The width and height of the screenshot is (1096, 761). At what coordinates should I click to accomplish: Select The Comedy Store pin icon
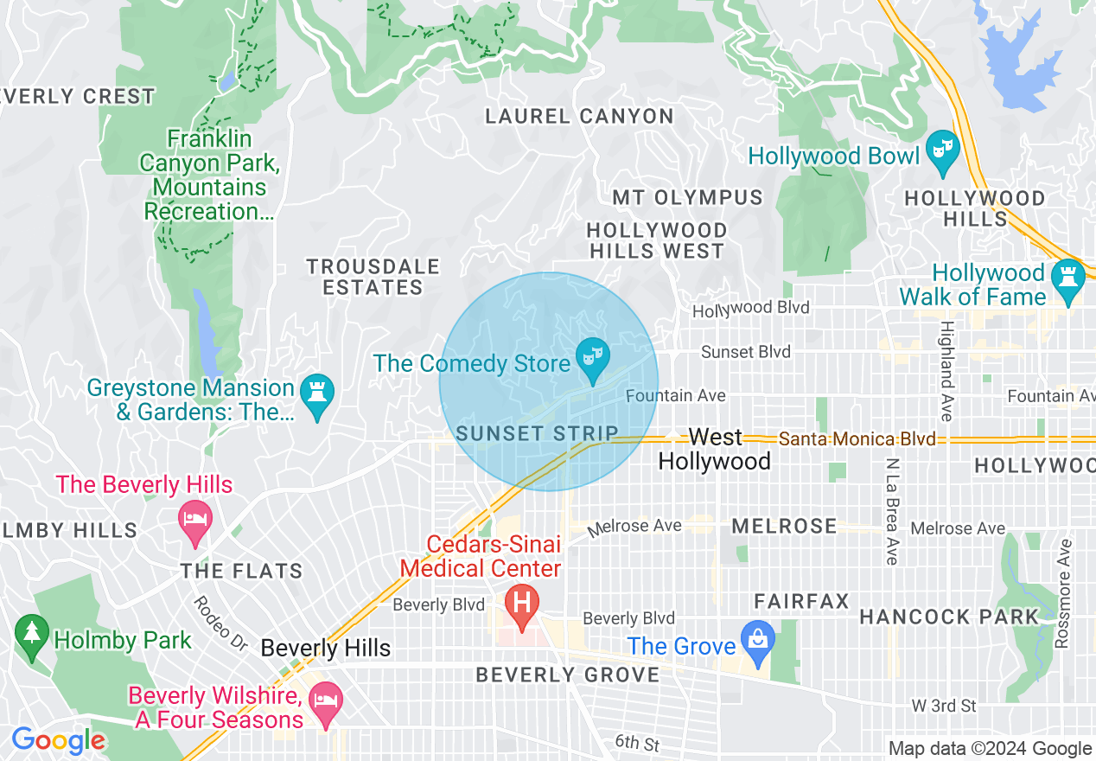(593, 358)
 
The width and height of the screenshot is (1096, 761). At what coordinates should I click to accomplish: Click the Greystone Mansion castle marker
(316, 395)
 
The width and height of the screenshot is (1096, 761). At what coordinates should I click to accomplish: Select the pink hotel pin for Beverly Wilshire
(326, 701)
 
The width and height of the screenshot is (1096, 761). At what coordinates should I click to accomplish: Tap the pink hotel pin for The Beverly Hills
(195, 520)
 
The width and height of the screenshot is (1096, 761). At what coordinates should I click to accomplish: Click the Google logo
(58, 740)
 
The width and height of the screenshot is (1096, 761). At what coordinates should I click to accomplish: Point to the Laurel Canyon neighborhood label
(579, 116)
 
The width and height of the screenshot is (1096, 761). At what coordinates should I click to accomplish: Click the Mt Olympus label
(687, 198)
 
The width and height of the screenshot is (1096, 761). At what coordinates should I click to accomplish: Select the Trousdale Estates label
(373, 277)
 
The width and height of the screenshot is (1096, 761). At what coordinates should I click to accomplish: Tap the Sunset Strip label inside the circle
(537, 433)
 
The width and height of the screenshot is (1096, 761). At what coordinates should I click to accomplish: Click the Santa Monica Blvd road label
(857, 439)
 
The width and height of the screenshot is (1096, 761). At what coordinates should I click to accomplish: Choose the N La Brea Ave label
(892, 510)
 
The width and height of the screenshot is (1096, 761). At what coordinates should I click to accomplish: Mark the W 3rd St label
(944, 707)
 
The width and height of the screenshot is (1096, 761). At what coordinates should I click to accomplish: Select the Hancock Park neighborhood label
(948, 617)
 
